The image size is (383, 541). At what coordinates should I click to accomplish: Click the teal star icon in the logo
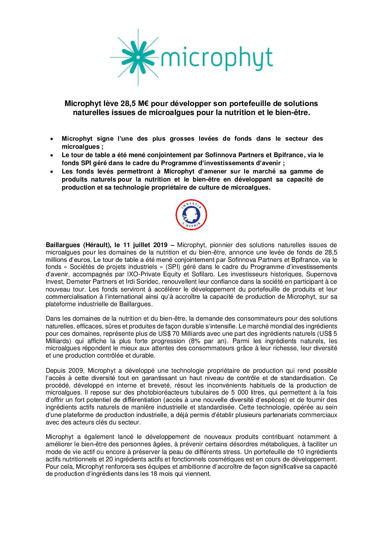point(138,58)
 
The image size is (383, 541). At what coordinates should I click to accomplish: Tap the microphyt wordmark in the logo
point(217,59)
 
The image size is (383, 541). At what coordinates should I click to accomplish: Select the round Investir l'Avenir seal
point(191,215)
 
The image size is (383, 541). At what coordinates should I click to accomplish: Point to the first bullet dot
point(51,139)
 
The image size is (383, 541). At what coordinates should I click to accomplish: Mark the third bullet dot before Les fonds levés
point(51,172)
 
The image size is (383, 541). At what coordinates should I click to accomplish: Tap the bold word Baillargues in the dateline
point(63,245)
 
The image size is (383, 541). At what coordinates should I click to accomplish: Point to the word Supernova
point(321,274)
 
